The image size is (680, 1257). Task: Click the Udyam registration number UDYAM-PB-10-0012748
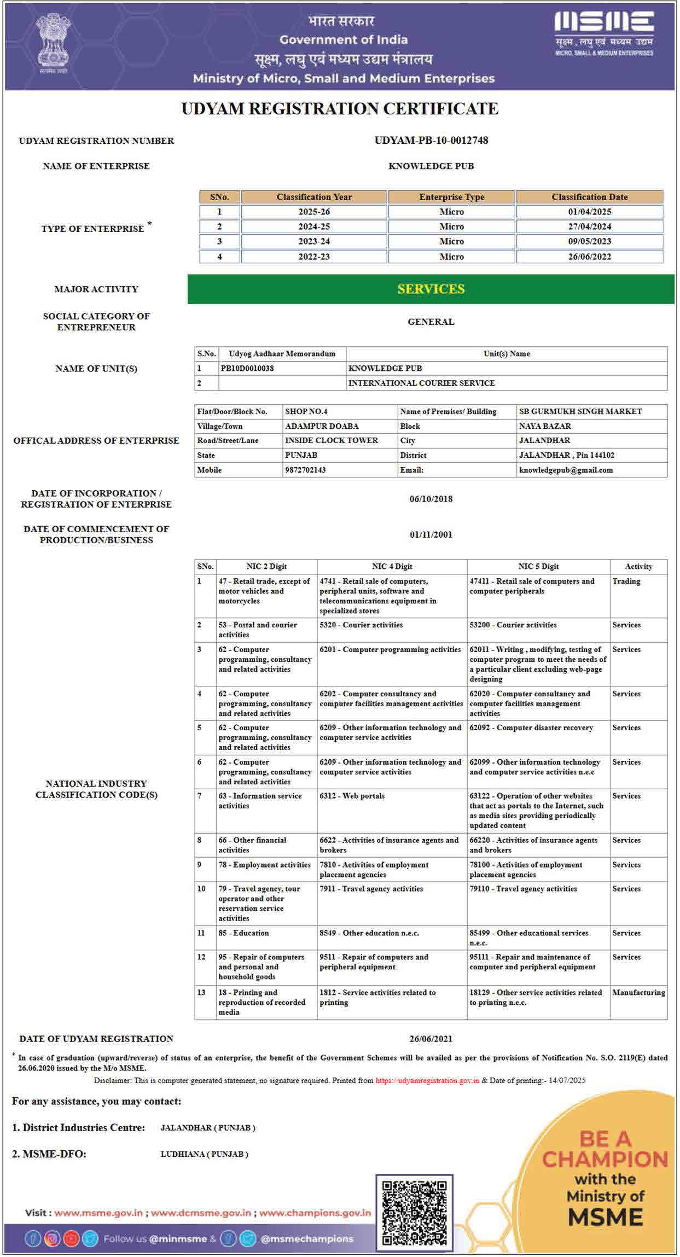pos(431,141)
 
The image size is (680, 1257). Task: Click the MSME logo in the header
pos(604,33)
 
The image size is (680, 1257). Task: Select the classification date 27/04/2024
pos(589,226)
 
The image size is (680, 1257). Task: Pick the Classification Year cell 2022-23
pos(314,257)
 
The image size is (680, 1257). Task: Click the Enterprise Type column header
pos(451,197)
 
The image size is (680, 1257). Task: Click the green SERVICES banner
pos(431,289)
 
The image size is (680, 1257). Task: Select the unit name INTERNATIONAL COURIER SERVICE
pos(421,383)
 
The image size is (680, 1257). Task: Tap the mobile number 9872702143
pos(305,470)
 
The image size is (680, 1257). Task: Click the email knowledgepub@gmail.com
pos(566,470)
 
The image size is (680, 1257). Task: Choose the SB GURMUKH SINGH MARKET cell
pos(580,411)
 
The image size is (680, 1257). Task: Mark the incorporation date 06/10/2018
pos(431,499)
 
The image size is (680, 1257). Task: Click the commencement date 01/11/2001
pos(431,534)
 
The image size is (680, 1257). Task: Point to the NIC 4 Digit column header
pos(392,566)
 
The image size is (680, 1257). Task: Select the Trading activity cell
pos(626,581)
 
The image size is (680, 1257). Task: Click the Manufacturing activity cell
pos(638,992)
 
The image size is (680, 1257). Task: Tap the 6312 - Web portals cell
pos(352,796)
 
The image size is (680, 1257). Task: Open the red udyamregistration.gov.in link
pos(427,1080)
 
